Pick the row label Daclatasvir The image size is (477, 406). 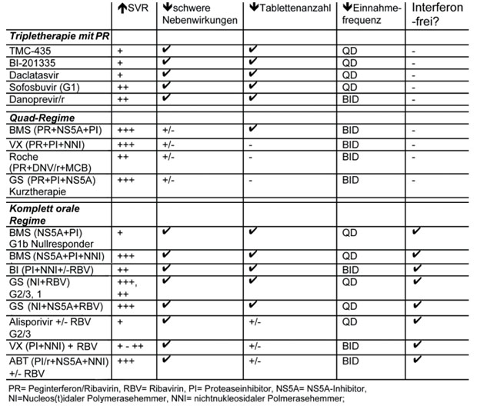point(34,76)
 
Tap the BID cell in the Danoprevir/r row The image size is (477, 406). point(350,101)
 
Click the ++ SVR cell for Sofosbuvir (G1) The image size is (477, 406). point(122,88)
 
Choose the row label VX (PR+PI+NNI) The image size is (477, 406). point(45,145)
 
